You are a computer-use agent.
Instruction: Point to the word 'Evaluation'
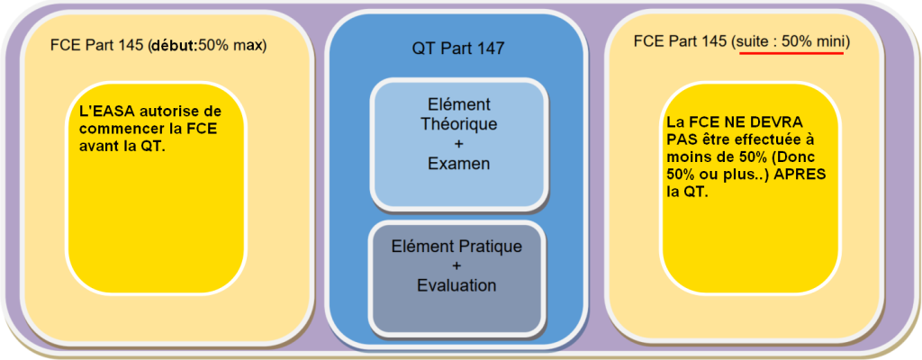point(456,285)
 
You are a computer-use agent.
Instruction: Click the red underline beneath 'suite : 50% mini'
point(791,52)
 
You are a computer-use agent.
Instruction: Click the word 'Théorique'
point(457,124)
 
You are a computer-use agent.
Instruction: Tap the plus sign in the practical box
point(456,265)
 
